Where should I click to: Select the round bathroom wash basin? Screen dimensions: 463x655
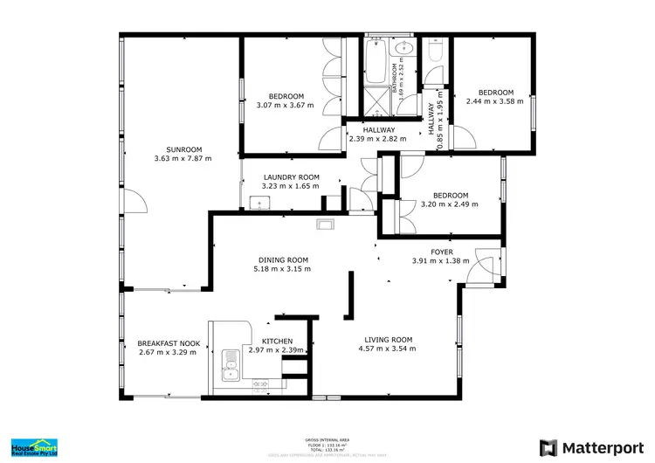[x=404, y=49]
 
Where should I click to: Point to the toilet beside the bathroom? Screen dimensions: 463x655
[x=434, y=52]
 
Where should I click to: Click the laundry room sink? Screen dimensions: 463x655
[x=258, y=204]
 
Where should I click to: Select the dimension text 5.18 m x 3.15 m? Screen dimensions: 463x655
[x=284, y=269]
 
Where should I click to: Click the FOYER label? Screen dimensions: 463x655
[x=441, y=251]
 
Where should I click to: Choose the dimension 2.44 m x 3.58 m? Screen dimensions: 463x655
[x=495, y=101]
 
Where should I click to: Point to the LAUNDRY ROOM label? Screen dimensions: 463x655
[x=291, y=176]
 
